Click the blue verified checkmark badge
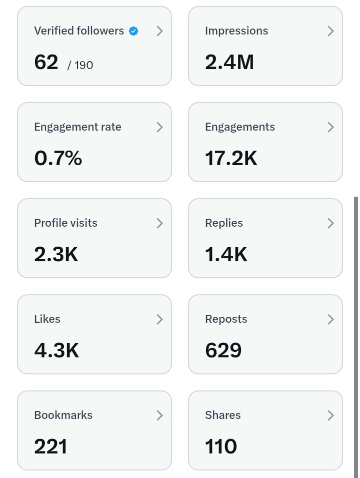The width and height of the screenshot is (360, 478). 133,31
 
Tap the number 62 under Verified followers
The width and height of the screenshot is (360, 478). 46,63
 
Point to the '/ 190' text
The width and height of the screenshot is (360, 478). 80,65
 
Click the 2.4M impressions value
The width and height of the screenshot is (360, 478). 229,63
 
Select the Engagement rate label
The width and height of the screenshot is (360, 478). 77,127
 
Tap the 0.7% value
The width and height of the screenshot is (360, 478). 58,159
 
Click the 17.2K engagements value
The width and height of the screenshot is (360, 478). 231,159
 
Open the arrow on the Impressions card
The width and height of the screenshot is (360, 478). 330,31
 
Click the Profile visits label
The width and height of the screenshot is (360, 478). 65,223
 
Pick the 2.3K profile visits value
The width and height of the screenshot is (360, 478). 56,255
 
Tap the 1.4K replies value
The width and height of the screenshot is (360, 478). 226,255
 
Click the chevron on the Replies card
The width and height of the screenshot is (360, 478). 330,223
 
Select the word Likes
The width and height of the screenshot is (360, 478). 47,319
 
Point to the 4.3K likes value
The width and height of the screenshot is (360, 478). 56,351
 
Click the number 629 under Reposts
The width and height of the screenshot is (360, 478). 223,351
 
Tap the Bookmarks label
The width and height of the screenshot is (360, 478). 63,415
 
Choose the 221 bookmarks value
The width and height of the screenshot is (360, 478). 50,447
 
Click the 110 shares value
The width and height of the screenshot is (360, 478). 220,447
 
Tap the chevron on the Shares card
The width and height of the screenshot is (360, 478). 330,415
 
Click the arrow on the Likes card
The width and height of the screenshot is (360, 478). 159,319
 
